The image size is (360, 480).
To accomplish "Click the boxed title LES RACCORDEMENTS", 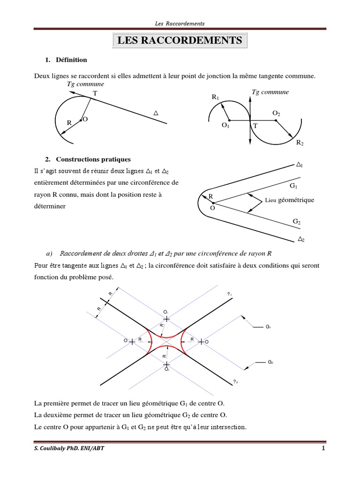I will [x=180, y=41].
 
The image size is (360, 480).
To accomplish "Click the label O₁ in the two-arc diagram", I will [x=225, y=125].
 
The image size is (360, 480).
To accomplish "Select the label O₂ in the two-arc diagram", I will [x=276, y=113].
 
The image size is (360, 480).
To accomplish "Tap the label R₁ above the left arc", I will [x=216, y=97].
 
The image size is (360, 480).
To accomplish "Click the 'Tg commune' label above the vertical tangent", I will [x=270, y=92].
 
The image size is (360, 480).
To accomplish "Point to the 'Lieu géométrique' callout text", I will [x=289, y=200].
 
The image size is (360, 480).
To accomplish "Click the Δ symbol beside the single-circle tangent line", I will [x=156, y=113].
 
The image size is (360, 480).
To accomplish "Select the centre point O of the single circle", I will [x=81, y=120].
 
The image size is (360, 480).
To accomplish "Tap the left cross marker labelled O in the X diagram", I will [x=132, y=342].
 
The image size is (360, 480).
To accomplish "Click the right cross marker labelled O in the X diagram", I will [x=201, y=342].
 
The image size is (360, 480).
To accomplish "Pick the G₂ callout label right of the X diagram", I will [x=270, y=362].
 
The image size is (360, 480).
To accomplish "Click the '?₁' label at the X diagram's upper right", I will [x=229, y=294].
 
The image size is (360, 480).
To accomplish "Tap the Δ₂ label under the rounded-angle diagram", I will [x=301, y=240].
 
